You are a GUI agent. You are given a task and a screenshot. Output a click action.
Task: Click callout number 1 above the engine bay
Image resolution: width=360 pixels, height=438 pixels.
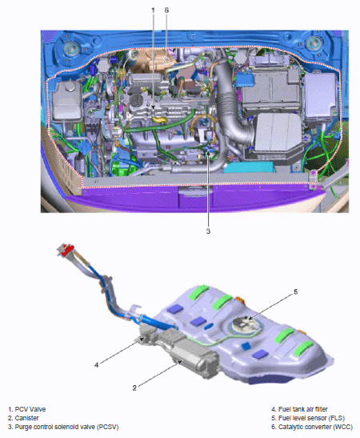tap(153, 10)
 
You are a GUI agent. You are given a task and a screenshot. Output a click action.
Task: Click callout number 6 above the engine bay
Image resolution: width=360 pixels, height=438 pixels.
tap(166, 10)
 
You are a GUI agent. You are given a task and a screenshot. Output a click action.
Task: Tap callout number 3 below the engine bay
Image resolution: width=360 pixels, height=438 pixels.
tap(208, 231)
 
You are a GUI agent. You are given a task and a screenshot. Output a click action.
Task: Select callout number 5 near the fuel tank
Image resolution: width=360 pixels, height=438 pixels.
tap(296, 292)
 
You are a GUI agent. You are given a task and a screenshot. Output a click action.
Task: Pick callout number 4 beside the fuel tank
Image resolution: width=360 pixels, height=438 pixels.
tap(96, 365)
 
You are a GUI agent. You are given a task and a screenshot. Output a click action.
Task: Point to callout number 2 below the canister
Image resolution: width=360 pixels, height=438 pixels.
tap(134, 388)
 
